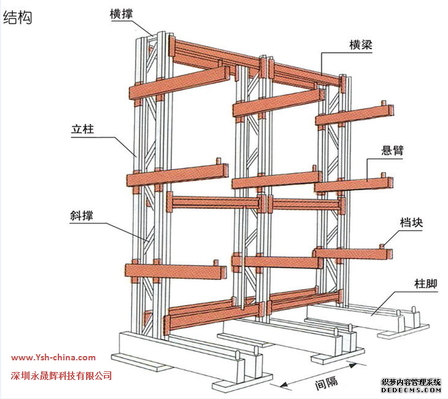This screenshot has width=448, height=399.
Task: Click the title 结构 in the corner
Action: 18,18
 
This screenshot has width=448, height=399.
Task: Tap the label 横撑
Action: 123,14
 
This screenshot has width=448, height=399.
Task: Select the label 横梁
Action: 361,44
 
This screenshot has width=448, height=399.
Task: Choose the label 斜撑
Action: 85,215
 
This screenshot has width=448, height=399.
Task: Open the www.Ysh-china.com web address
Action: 53,357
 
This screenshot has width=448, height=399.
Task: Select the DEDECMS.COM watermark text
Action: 411,390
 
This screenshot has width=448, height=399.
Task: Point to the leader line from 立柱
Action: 123,144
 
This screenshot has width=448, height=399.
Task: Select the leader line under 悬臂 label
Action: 369,169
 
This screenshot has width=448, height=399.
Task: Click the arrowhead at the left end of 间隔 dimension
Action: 283,385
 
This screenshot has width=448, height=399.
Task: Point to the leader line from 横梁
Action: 332,61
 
